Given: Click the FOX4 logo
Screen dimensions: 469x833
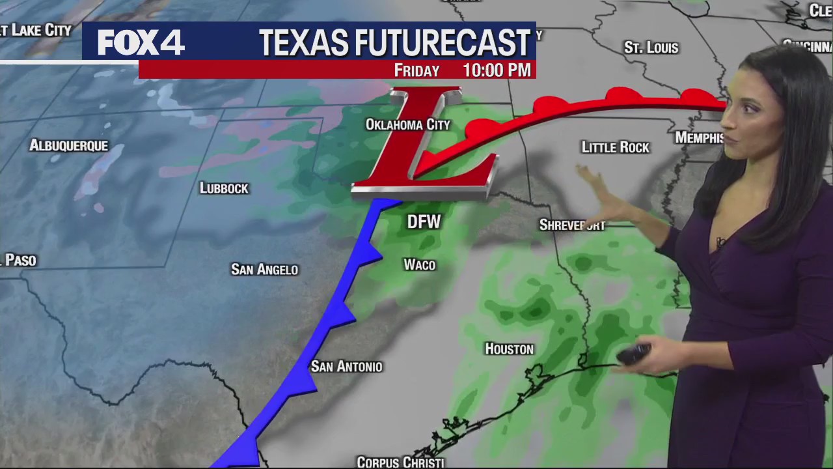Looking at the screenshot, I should pos(141,43).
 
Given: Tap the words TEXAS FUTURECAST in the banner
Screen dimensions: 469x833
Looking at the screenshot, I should pos(394,43).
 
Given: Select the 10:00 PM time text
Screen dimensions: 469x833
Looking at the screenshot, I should pos(497,70).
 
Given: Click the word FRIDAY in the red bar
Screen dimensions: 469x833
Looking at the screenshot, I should pos(416,70).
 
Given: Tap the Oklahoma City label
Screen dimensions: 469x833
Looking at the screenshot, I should pos(407,124).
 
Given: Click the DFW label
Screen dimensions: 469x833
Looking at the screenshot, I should pos(424,222).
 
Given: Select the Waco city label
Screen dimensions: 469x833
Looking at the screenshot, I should pos(419,264).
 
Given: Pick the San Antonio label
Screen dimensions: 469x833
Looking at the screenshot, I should pos(346,367).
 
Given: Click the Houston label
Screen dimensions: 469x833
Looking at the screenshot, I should pos(509,349).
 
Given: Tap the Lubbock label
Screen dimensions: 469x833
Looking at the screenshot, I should pos(224,188).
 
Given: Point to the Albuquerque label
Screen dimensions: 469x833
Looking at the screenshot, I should pos(68,145).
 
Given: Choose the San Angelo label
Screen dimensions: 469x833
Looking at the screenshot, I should pos(264,269).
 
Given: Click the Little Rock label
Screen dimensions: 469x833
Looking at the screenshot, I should pos(615,147).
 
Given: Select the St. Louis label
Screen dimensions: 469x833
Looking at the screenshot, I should pos(651,48).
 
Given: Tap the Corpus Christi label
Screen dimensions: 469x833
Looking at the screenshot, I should pos(400,462).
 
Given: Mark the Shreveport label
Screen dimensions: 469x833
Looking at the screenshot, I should pos(572,225).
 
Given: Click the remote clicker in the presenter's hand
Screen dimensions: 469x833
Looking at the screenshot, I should pos(633,354).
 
